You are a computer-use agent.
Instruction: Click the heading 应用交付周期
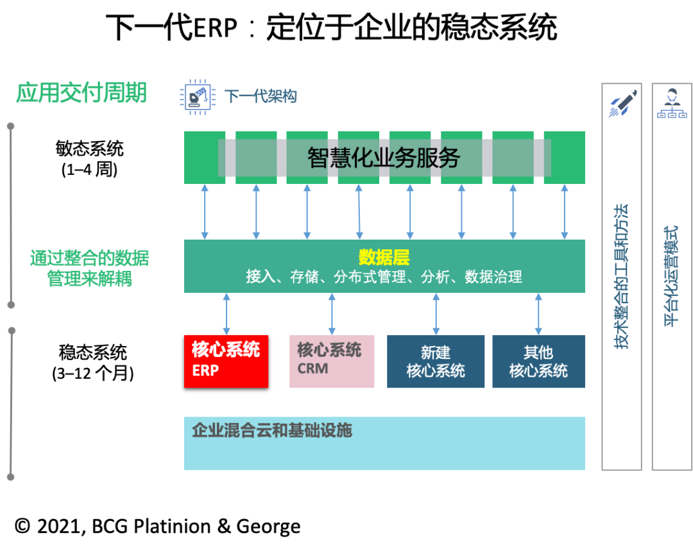coord(81,93)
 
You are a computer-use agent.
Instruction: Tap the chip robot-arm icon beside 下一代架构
coord(196,97)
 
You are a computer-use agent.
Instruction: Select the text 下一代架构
coord(260,97)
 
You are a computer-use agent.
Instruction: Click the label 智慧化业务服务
coord(384,158)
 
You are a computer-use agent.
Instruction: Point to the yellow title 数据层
coord(384,258)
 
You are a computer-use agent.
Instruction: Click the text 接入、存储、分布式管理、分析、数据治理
coord(384,277)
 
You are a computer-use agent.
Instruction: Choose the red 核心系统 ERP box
coord(226,361)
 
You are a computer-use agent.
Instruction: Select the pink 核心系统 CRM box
coord(332,361)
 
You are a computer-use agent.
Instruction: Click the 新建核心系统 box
coord(436,361)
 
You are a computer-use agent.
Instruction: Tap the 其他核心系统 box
coord(538,361)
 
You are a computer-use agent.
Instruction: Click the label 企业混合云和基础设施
coord(272,431)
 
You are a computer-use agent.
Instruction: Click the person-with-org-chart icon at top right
coord(672,103)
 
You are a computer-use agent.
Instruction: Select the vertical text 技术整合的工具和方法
coord(621,276)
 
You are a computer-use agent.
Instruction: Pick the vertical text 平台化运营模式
coord(671,276)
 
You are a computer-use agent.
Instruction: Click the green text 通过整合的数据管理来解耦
coord(90,268)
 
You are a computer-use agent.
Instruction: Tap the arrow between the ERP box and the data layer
coord(227,314)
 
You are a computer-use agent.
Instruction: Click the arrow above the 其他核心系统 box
coord(538,314)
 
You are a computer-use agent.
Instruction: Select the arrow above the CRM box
coord(332,314)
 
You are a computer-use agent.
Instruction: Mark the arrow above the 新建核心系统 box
coord(436,314)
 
